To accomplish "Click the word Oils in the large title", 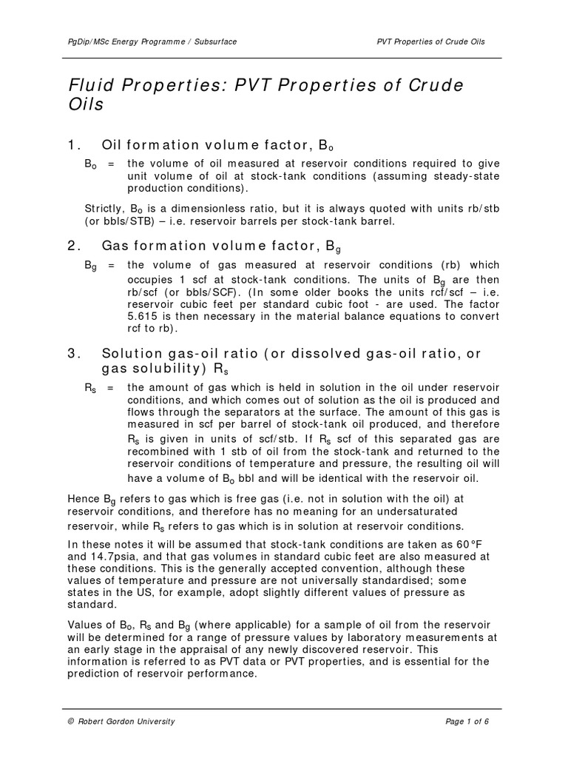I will tap(85, 104).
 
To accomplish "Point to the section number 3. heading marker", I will tap(72, 354).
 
